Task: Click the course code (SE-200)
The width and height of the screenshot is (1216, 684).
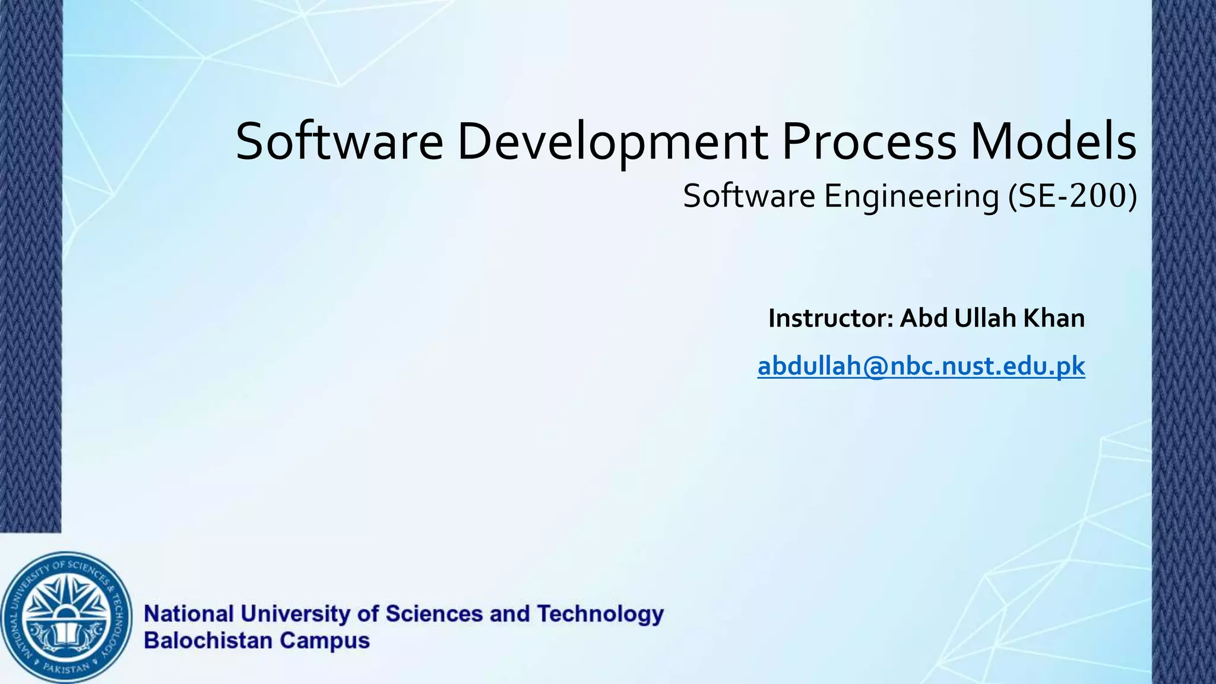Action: [x=1072, y=196]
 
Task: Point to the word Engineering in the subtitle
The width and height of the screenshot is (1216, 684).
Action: [x=911, y=197]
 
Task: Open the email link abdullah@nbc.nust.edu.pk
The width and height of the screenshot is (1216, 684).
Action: [x=921, y=366]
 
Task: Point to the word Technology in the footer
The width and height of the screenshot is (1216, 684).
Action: [x=600, y=614]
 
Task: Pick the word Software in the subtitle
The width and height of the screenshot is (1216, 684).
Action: [x=749, y=196]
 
